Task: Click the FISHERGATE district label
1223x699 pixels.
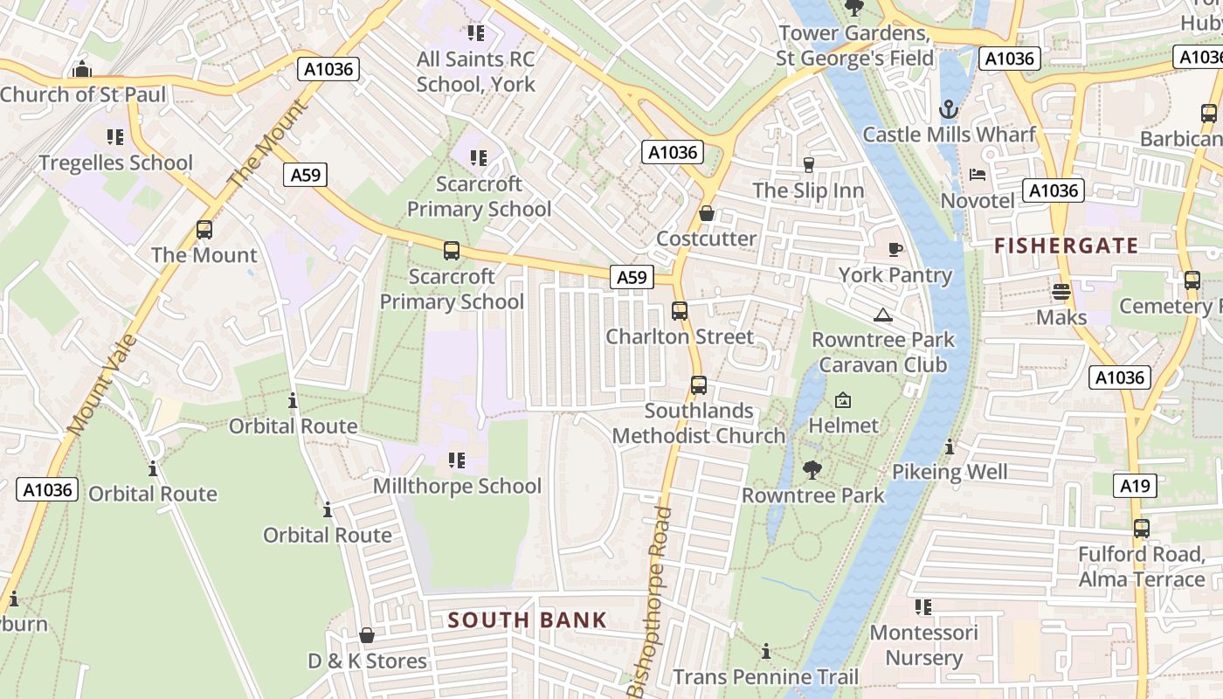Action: click(x=1066, y=246)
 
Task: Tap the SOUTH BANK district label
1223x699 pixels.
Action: click(x=527, y=620)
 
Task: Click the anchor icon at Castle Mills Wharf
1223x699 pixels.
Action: click(x=948, y=109)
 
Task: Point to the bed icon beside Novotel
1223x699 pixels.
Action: click(x=978, y=175)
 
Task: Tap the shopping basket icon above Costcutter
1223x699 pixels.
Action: click(x=707, y=213)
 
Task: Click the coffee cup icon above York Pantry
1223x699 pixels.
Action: click(x=895, y=249)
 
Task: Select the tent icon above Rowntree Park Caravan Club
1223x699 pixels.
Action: click(x=882, y=315)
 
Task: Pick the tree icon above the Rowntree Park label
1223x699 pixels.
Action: click(x=812, y=470)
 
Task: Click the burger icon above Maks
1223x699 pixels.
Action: click(x=1061, y=292)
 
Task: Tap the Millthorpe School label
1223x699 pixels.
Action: click(x=457, y=486)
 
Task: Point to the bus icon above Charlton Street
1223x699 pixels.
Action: click(x=680, y=310)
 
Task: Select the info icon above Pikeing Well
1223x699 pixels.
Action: click(x=950, y=446)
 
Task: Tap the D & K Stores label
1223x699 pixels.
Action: click(x=368, y=661)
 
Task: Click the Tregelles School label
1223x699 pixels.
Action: click(x=115, y=163)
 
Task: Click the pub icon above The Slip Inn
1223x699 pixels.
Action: click(x=808, y=164)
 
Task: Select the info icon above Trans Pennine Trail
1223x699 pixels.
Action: click(x=766, y=651)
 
